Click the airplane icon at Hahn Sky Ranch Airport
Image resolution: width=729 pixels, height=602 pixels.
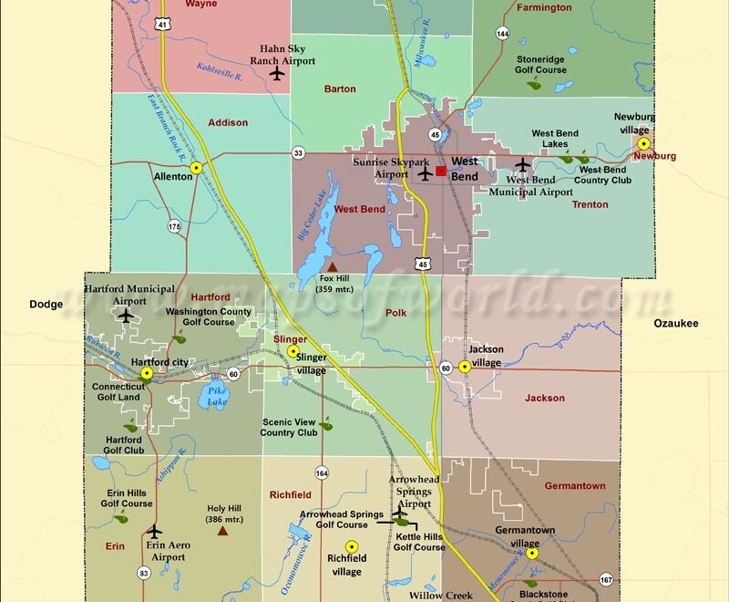coord(277,73)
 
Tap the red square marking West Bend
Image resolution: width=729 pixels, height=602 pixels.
coord(441,171)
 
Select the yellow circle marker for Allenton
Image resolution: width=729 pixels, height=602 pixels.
coord(196,168)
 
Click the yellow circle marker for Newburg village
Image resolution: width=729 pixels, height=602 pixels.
coord(643,143)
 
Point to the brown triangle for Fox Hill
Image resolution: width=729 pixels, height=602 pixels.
coord(332,268)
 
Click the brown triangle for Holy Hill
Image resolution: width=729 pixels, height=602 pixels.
coord(222,529)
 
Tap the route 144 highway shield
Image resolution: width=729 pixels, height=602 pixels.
coord(503,33)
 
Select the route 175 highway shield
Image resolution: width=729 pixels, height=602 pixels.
coord(173,225)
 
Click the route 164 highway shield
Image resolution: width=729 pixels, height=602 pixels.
coord(322,472)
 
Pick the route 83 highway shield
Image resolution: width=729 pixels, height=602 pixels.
coord(144,573)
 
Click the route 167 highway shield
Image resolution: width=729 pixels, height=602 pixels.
coord(606,579)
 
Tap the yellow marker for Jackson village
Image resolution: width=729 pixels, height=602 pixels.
coord(465,367)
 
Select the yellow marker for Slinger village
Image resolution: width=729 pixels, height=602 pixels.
coord(293,351)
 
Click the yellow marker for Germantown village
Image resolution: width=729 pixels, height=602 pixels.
coord(532,553)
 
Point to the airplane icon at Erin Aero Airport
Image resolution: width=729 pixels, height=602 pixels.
coord(154,531)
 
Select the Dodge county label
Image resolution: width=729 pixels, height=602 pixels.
coord(46,305)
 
